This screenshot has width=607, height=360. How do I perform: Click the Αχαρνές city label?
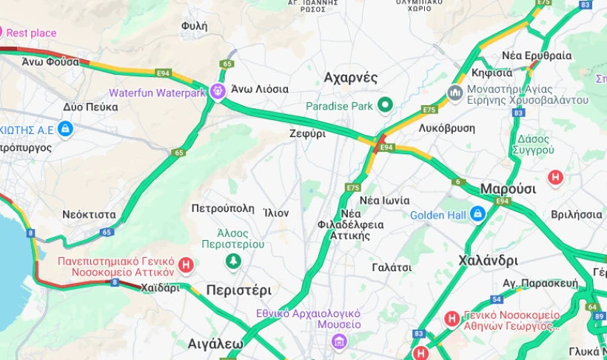[351, 78]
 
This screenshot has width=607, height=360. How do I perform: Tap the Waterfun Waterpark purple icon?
[217, 91]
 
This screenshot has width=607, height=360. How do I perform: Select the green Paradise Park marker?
[384, 105]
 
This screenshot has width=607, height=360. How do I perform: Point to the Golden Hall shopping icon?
[477, 214]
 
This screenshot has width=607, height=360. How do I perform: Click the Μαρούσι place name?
[508, 188]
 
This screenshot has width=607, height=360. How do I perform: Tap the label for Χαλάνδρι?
[488, 260]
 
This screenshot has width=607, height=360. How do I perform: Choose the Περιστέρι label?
[238, 290]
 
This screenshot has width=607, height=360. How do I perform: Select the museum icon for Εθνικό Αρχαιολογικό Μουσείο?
[339, 341]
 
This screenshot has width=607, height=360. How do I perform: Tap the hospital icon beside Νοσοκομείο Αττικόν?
[187, 264]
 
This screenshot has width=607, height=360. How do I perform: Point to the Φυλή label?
[194, 26]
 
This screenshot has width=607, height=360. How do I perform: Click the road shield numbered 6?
[458, 181]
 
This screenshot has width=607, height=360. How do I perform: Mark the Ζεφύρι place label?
[307, 134]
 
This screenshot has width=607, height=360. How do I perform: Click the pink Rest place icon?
[1, 33]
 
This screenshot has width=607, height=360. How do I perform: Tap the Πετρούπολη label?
[223, 208]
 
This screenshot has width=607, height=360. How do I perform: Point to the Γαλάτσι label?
[392, 267]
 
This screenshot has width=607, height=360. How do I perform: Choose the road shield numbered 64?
[591, 306]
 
